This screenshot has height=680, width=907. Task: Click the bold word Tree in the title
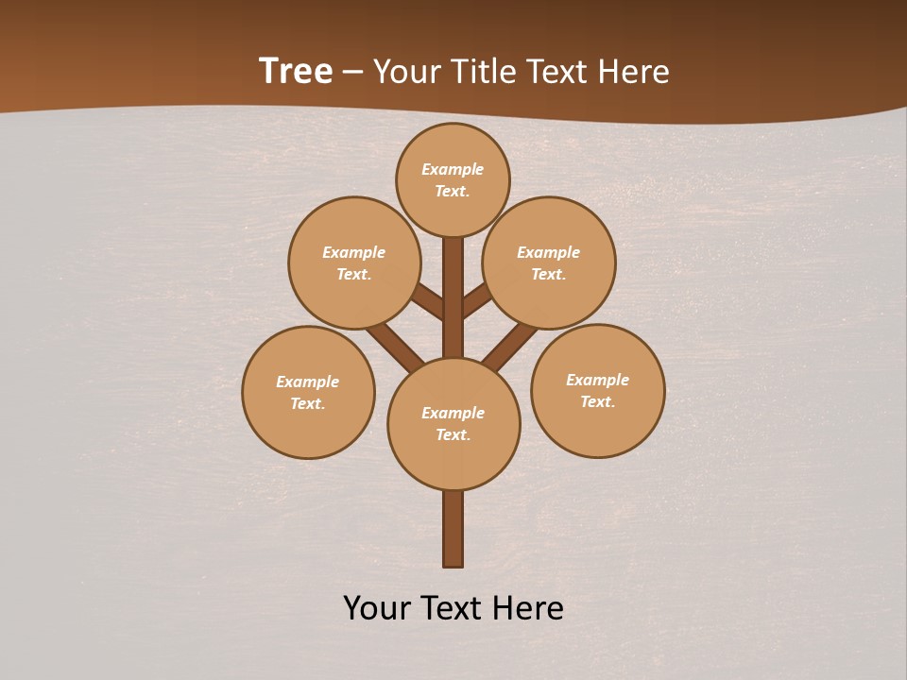pos(296,72)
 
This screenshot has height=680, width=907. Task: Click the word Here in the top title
pos(636,72)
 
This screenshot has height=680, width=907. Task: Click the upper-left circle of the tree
pos(354,263)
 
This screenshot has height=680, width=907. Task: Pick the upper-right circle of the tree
pos(549,263)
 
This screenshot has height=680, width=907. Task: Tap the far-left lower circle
pos(308,392)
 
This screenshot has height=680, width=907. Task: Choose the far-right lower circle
pos(597,390)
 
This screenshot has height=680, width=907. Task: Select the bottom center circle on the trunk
pos(453,423)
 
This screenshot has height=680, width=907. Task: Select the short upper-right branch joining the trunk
pos(477,300)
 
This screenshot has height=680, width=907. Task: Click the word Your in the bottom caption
pos(376,608)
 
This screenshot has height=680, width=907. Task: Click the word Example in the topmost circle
pos(453,170)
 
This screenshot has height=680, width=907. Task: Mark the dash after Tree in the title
pos(353,73)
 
